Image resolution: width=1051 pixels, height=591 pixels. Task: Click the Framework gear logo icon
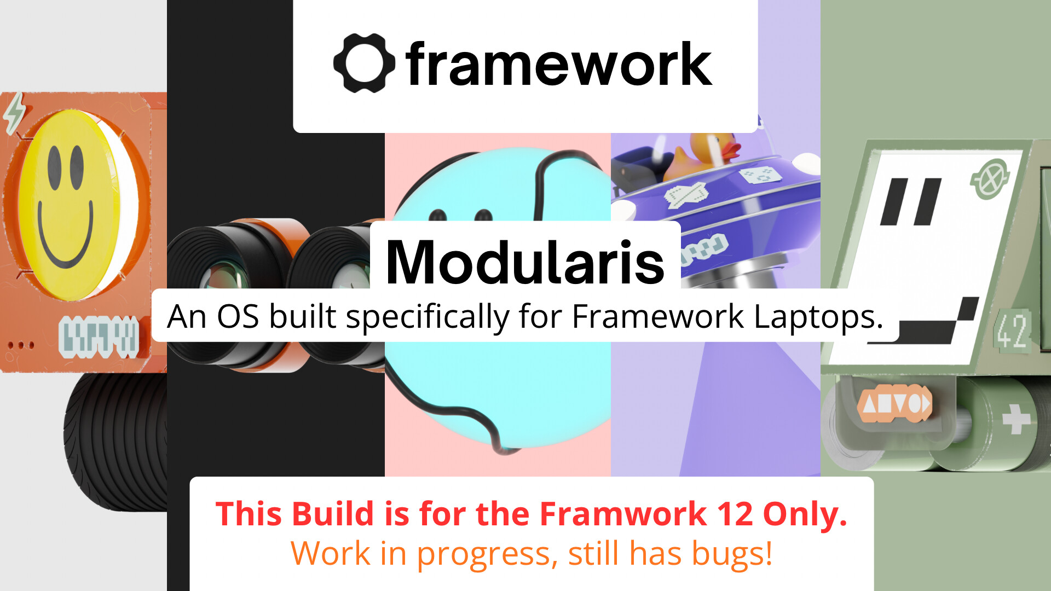[364, 63]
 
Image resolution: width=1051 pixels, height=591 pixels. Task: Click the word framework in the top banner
[559, 64]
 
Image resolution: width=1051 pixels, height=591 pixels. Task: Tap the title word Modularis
[525, 262]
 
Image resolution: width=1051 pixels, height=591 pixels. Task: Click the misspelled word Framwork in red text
[623, 514]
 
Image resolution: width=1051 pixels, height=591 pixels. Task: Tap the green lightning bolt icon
[15, 112]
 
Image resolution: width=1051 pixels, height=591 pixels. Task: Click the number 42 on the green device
[1012, 331]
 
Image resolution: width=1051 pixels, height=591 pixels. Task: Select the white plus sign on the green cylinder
[1016, 420]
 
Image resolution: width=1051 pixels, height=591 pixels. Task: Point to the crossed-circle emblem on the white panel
[990, 178]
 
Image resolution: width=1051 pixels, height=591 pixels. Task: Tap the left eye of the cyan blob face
[437, 215]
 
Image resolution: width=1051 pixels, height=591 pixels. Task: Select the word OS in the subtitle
[238, 316]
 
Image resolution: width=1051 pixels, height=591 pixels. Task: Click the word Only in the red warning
[805, 515]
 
